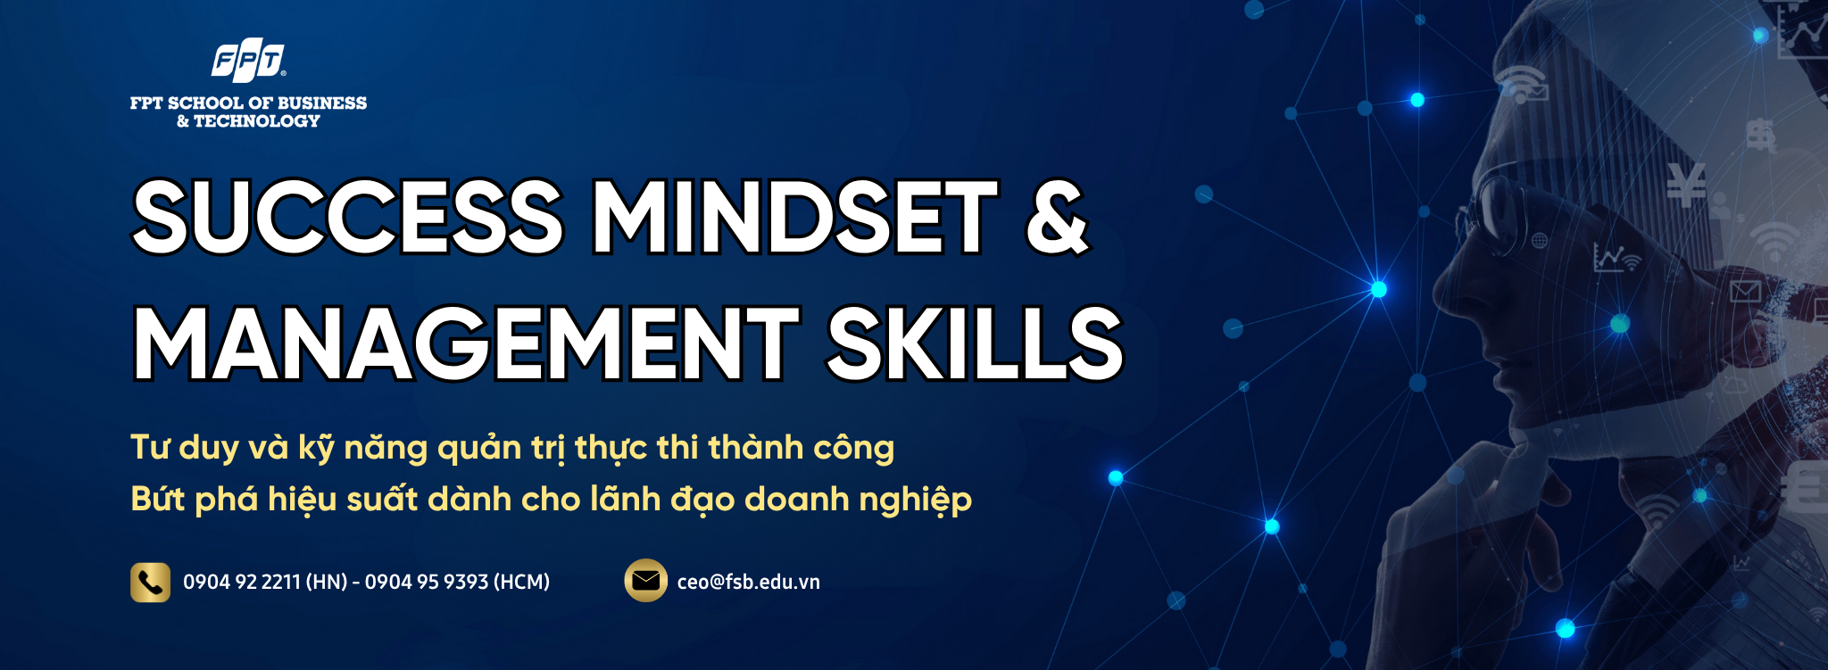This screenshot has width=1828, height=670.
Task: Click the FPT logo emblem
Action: click(248, 60)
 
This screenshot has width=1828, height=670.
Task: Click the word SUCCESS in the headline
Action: click(348, 217)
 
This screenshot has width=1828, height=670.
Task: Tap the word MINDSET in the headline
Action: click(795, 217)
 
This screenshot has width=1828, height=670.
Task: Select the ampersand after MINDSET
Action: click(1057, 217)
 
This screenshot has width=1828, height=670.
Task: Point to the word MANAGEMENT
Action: click(467, 343)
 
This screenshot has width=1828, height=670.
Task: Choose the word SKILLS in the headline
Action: click(975, 343)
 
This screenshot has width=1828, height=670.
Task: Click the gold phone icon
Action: click(150, 582)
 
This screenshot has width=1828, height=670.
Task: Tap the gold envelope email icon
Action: click(645, 581)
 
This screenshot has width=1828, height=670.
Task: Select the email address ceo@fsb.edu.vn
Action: click(748, 582)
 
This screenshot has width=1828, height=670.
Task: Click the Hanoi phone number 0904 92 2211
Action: click(242, 582)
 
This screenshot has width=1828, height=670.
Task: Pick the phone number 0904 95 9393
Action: click(427, 582)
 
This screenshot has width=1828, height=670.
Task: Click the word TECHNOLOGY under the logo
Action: click(257, 121)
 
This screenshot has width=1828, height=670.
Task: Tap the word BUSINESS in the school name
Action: click(322, 103)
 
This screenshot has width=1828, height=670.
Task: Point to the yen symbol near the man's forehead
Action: click(1686, 185)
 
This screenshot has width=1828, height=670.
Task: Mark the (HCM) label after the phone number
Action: click(521, 582)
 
